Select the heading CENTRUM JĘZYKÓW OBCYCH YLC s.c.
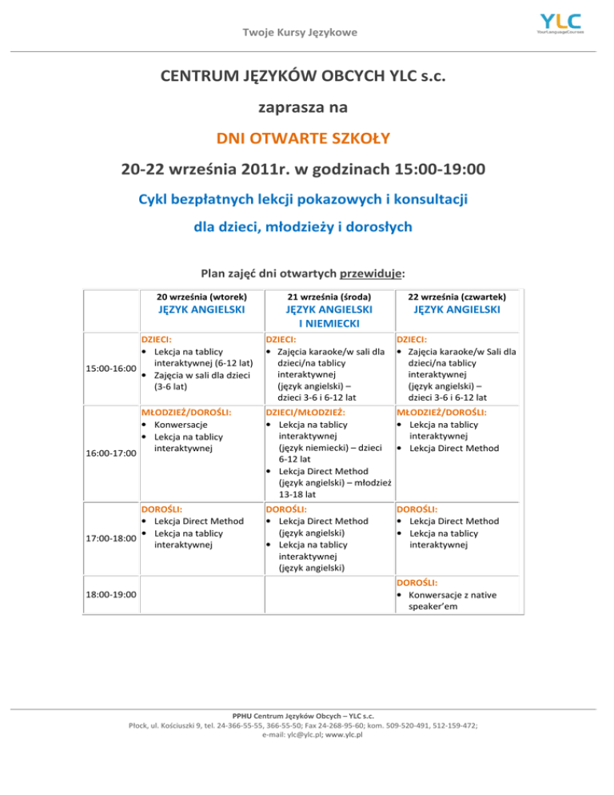[302, 78]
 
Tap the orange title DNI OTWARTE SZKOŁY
[302, 138]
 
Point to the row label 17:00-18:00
[110, 537]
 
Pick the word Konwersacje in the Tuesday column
[181, 425]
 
